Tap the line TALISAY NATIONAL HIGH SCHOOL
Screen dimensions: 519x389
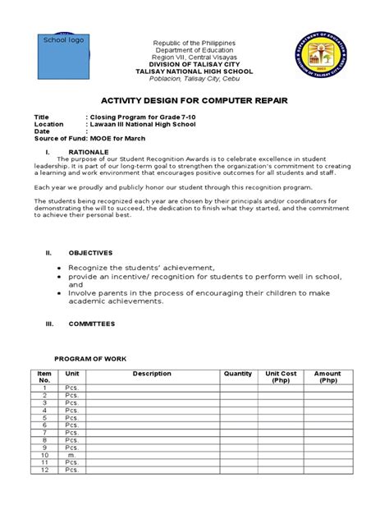(x=194, y=71)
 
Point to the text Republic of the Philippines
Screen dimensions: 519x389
(x=194, y=42)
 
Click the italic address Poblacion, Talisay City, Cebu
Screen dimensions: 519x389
(x=194, y=80)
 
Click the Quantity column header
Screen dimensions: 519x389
(x=237, y=374)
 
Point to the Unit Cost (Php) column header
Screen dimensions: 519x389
(x=279, y=377)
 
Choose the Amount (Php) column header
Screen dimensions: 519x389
(x=328, y=377)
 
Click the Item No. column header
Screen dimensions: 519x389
(x=44, y=377)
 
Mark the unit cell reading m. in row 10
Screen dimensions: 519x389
(x=71, y=454)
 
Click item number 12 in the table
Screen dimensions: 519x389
(x=44, y=470)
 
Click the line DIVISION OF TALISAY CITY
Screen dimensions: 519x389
(x=194, y=63)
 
